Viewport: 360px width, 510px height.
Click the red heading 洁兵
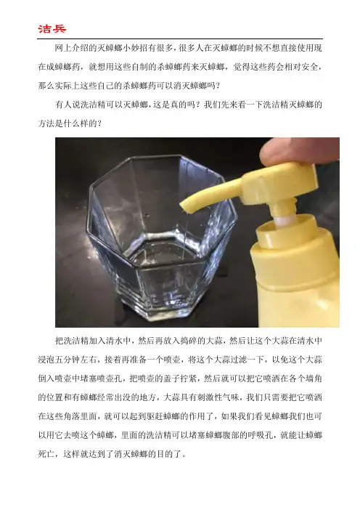(x=52, y=28)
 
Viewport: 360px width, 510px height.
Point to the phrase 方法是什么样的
(x=67, y=124)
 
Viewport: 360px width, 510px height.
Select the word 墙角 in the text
(x=314, y=379)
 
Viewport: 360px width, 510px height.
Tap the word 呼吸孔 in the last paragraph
(x=260, y=435)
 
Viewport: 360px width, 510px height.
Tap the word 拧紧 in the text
(x=192, y=379)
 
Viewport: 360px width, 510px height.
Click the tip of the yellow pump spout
(x=184, y=207)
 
